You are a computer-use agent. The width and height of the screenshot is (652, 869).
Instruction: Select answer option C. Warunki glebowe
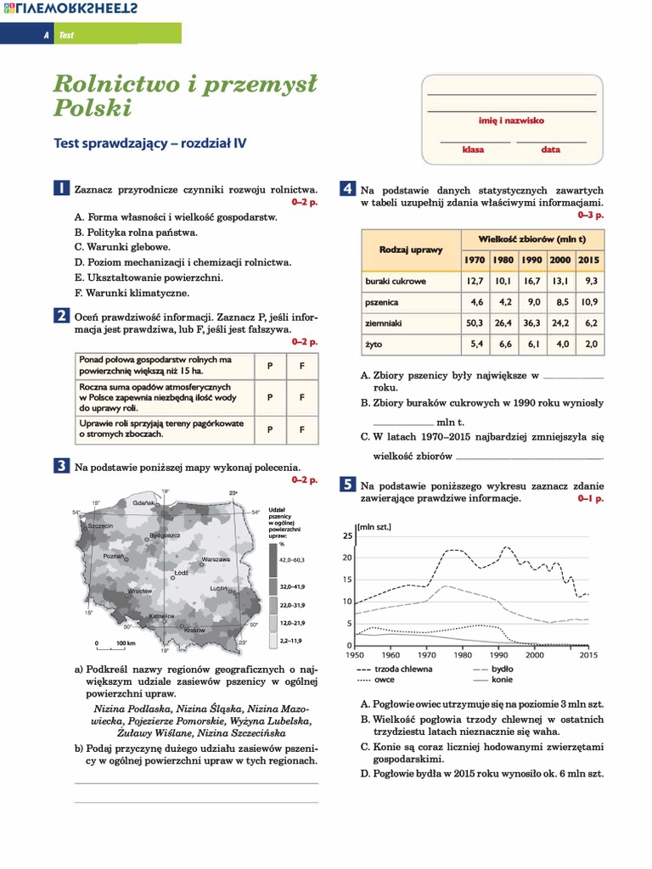coord(122,247)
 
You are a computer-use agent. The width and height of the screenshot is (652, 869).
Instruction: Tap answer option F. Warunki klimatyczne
coord(132,292)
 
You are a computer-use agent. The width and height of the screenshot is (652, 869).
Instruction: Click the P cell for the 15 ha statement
coord(269,366)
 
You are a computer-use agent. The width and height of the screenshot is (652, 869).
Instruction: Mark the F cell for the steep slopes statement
coord(301,429)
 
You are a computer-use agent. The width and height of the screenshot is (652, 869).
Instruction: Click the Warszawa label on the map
coord(217,560)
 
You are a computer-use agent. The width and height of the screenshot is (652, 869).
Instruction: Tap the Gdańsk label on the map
coord(143,503)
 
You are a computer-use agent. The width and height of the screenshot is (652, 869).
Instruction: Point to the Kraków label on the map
coord(194,631)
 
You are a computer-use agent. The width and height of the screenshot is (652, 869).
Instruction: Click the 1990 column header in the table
coord(531,259)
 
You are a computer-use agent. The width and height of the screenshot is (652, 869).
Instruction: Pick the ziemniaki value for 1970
coord(474,323)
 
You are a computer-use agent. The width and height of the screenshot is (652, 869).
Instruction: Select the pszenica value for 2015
coord(588,301)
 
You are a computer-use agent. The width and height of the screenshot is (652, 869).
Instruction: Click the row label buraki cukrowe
coord(396,280)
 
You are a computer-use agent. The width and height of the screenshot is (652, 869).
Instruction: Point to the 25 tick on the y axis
coord(346,536)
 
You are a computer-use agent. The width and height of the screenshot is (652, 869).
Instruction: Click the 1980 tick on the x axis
coord(463,655)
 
